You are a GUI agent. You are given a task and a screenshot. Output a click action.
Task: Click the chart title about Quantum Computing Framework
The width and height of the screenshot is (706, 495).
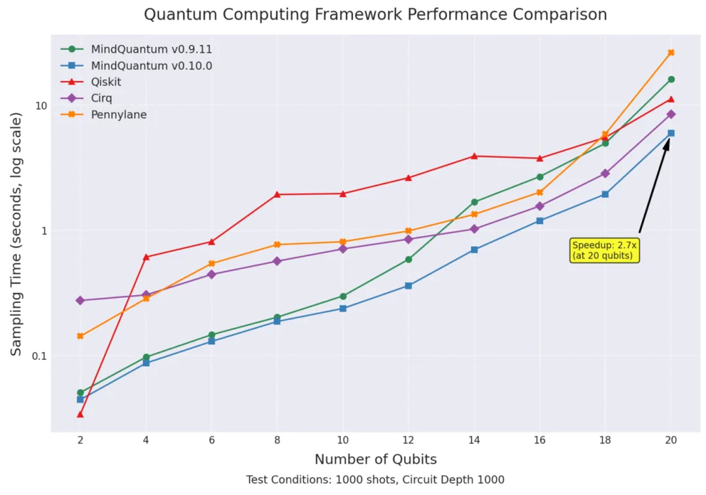pos(375,14)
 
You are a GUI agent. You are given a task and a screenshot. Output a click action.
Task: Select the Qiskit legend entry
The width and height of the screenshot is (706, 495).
pos(106,82)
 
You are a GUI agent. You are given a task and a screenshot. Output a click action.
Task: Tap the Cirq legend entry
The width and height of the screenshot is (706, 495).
pos(101,99)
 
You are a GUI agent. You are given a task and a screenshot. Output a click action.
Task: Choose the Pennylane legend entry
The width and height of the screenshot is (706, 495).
pos(118,115)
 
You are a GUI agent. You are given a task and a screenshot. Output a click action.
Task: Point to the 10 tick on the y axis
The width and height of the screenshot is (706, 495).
pos(41,106)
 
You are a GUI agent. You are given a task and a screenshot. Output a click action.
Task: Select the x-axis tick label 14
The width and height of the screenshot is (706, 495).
pos(474,441)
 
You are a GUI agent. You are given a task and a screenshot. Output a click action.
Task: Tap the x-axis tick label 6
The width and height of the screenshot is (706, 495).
pos(212,441)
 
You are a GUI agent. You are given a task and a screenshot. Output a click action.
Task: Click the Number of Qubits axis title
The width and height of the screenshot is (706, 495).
pos(375,459)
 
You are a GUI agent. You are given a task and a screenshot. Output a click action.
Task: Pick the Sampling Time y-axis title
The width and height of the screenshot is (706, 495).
pos(16,234)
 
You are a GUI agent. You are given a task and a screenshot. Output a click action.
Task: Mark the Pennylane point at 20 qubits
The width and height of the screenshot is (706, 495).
pos(671,53)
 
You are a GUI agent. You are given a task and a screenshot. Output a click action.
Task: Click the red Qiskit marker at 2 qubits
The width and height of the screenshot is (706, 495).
pos(80,414)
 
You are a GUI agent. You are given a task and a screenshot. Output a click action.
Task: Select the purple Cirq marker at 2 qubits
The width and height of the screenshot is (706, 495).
pos(80,300)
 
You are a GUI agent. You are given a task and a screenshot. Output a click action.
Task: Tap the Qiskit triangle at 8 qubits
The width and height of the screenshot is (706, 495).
pos(277,194)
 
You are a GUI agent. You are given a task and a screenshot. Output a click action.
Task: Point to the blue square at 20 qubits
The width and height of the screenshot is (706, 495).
pos(671,133)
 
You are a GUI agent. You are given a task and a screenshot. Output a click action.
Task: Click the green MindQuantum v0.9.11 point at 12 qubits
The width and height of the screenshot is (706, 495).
pos(409,259)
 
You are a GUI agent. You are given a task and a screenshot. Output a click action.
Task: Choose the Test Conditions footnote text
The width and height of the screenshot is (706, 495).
pos(375,480)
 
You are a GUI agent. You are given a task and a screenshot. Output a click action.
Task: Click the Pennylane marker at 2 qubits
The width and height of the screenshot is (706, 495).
pos(80,336)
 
